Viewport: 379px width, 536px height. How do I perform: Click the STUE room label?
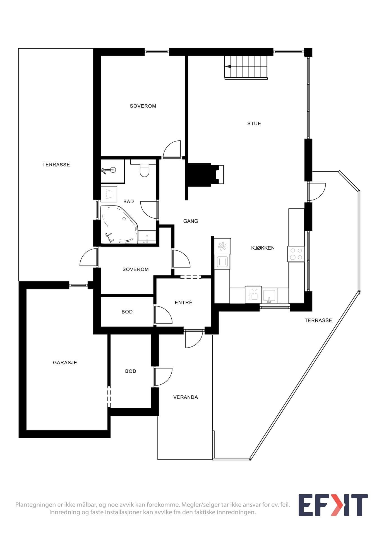coord(254,123)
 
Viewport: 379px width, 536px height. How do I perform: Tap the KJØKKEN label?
coord(263,248)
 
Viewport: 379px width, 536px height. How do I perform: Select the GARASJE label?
coord(65,363)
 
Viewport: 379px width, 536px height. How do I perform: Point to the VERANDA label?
coord(186,397)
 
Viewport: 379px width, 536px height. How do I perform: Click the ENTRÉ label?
coord(184,302)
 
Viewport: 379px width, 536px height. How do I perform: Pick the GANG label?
coord(191,221)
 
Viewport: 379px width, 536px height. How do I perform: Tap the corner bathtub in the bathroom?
coord(119,224)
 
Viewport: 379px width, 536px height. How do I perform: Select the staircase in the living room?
coord(246,67)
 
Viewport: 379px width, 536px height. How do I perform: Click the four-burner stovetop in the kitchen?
coord(296,254)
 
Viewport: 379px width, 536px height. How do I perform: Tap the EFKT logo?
coord(333,505)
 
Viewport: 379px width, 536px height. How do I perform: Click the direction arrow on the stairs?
coord(228,67)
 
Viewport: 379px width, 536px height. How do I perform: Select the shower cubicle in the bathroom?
coord(112,171)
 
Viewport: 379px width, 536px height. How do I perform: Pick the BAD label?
coord(128,202)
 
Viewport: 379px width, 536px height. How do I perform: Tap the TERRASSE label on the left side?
coord(56,165)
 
